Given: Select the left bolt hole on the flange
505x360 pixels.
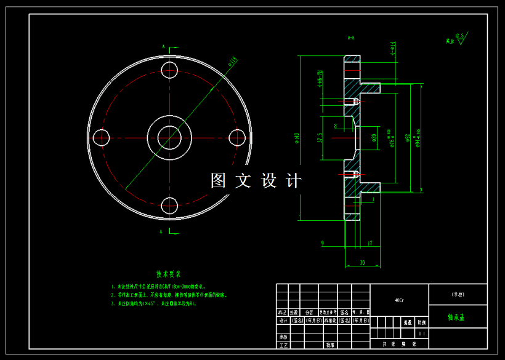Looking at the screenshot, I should coord(102,137).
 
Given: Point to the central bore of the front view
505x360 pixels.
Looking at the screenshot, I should coord(169,137).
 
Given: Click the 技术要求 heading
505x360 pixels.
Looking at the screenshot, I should coord(168,274).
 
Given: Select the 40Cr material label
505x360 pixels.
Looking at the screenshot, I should coord(399,301).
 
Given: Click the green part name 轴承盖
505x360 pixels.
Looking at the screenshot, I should coord(456,318).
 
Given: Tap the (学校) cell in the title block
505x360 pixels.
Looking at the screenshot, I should coord(458,294).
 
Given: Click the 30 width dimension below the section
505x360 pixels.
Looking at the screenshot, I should coord(362,263).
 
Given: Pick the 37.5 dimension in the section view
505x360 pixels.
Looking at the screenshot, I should coord(320,138).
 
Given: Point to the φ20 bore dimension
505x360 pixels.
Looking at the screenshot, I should coord(374,137).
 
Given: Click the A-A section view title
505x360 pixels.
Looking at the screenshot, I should coord(351,38).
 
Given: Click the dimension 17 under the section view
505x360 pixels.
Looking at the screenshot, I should coord(370,244).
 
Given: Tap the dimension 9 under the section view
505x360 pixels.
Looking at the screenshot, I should coord(323,244).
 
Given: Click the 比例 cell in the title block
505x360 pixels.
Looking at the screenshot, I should coord(421,322).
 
